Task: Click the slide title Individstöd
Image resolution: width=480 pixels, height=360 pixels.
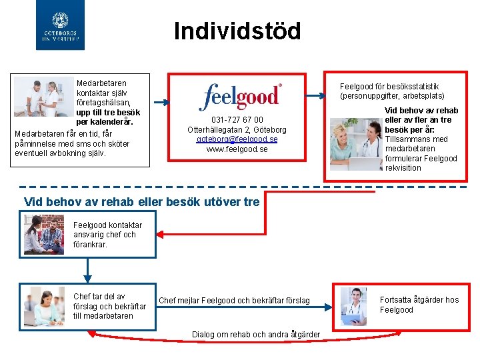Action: click(237, 31)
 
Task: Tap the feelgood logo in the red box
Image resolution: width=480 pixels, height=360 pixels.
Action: click(240, 97)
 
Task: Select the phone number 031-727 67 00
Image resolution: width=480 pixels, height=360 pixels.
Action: click(237, 120)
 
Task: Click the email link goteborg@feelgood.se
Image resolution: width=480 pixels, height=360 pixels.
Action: click(237, 139)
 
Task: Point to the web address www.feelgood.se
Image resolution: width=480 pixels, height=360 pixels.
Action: click(237, 149)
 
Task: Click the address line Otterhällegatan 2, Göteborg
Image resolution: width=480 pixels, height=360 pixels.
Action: click(237, 130)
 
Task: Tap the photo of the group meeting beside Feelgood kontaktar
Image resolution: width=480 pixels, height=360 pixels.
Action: click(44, 234)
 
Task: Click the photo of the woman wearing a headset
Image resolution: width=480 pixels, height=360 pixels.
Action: click(44, 304)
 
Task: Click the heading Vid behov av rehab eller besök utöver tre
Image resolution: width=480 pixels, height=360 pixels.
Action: click(141, 202)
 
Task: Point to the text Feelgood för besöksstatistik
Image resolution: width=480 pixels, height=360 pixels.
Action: click(389, 87)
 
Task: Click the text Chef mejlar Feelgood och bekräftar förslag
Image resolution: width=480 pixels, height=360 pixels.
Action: click(234, 301)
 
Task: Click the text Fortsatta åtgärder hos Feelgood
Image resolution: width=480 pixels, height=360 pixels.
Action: click(419, 305)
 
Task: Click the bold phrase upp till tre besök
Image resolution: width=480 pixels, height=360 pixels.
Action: click(108, 113)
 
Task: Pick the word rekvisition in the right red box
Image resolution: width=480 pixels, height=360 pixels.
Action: click(403, 168)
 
